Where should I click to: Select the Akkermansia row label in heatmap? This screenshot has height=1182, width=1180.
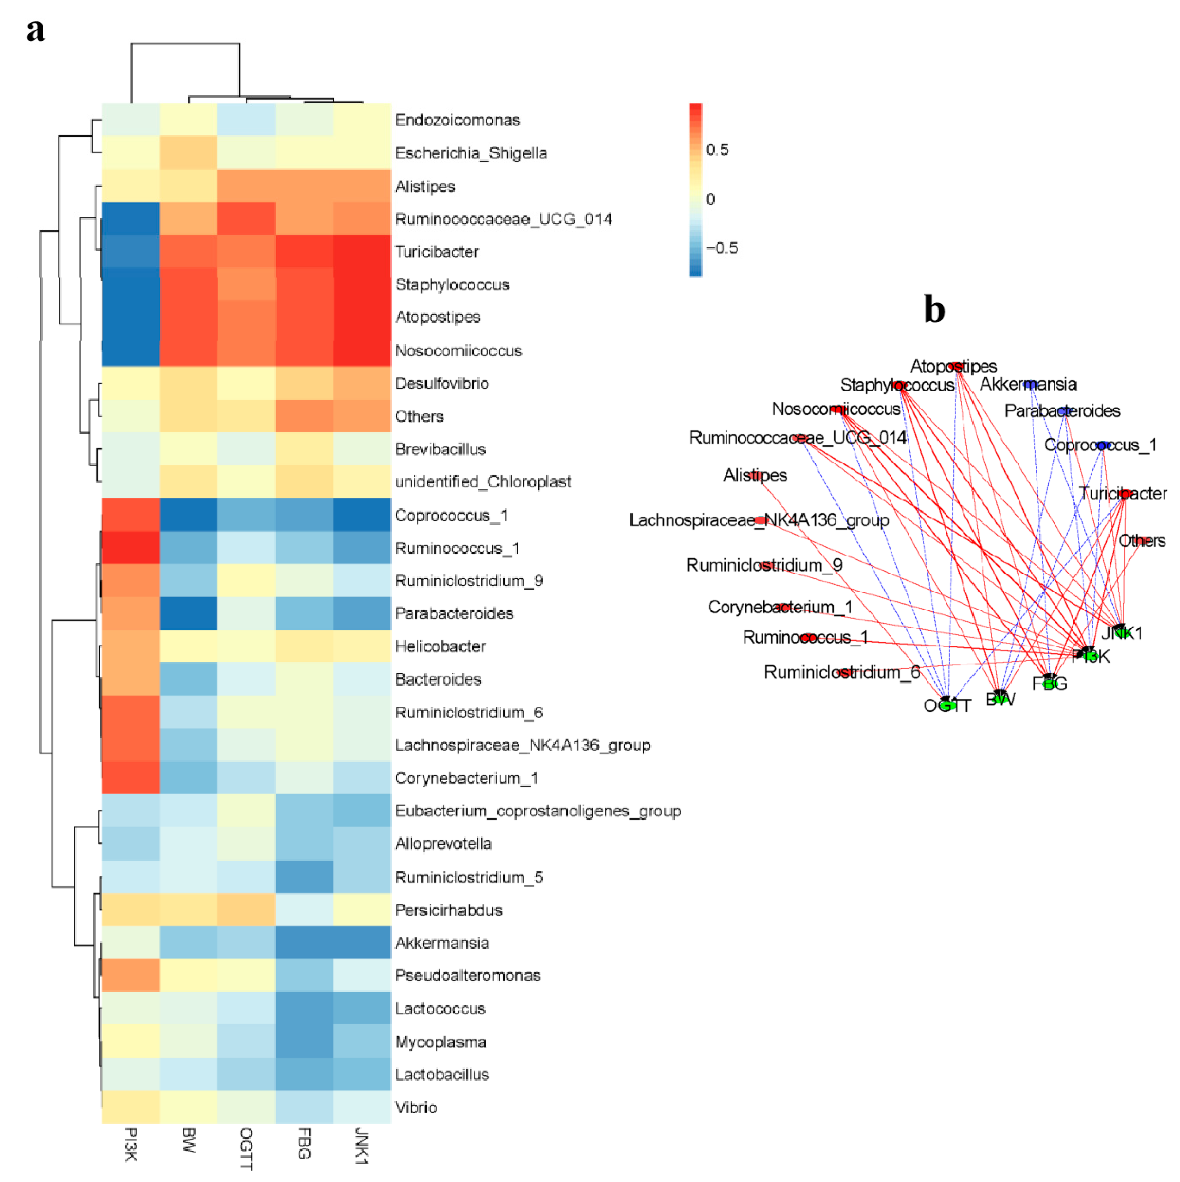coord(442,943)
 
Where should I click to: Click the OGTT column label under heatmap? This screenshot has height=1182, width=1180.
coord(246,1148)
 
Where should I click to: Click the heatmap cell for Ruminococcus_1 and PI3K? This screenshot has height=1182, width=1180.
coord(130,547)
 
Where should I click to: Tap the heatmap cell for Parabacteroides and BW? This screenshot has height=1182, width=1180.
coord(188,613)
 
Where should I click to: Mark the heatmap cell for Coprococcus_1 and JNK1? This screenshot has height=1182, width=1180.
coord(362,515)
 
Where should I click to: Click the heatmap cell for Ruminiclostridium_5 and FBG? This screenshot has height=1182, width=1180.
coord(304,877)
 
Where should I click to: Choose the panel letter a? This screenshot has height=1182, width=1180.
coord(36,29)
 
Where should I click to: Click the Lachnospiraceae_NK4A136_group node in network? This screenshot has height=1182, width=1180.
coord(759,520)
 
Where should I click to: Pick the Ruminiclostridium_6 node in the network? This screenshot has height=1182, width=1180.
coord(845,673)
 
